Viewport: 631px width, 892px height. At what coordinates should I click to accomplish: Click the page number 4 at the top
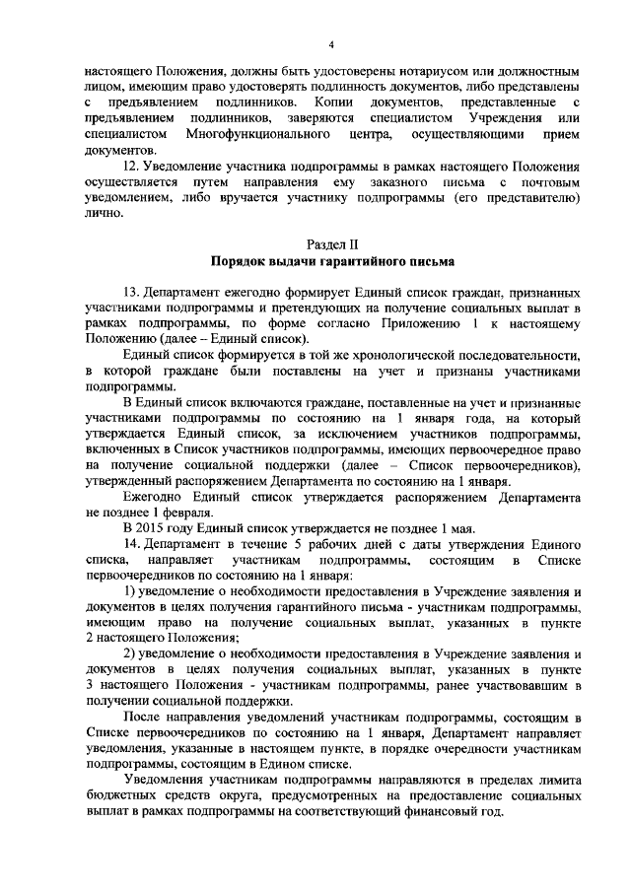[x=332, y=45]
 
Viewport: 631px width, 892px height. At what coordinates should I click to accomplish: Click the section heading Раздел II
[x=331, y=243]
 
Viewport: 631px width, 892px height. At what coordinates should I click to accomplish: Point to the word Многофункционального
[x=256, y=131]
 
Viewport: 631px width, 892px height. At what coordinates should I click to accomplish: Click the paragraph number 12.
[x=130, y=167]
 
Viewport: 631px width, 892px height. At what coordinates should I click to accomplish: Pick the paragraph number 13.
[x=130, y=294]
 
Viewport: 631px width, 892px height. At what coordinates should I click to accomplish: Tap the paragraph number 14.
[x=130, y=543]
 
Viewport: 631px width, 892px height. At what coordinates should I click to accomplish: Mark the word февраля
[x=184, y=514]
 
